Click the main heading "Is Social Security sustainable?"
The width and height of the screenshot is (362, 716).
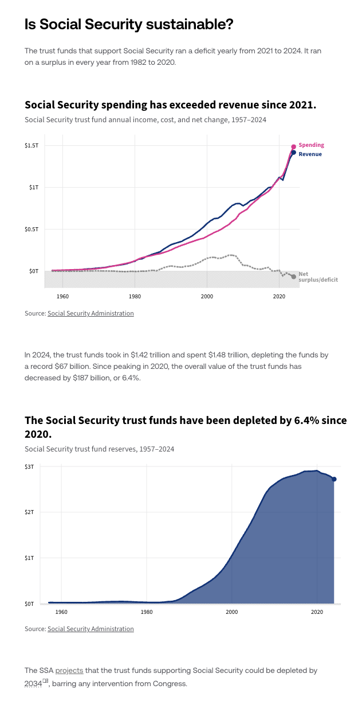(129, 25)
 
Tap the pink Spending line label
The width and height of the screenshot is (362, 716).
(311, 145)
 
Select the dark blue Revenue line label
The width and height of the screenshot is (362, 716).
(310, 154)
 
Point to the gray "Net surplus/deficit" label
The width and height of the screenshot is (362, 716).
(317, 277)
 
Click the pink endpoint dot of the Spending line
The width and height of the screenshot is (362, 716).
(293, 147)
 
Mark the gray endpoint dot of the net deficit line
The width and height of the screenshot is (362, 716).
(293, 277)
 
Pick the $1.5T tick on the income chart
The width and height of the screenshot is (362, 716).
(32, 146)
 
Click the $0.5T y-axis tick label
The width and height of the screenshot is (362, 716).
(32, 229)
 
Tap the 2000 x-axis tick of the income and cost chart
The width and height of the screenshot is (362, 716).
(207, 296)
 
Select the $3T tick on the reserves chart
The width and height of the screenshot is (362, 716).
(29, 467)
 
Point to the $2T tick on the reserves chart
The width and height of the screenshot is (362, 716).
(29, 512)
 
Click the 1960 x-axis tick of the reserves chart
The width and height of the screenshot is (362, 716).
(61, 612)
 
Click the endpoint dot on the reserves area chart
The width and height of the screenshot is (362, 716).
(334, 479)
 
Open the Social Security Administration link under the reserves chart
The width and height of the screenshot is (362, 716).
(91, 629)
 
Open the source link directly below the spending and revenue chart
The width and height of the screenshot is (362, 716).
(91, 313)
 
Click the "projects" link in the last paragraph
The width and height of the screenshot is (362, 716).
(69, 670)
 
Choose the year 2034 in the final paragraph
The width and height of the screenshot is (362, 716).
(33, 683)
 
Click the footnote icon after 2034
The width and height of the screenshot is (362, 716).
(45, 682)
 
